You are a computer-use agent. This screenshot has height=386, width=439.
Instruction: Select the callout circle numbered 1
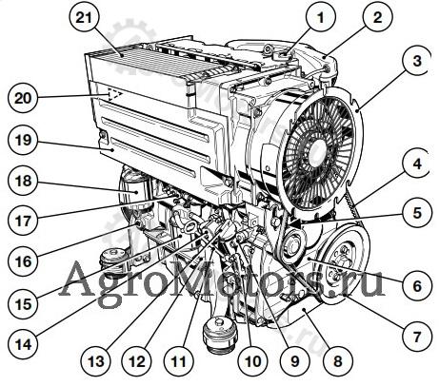click(321, 17)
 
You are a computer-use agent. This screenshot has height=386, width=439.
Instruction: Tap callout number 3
click(417, 60)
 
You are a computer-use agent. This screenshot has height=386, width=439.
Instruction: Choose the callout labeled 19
click(24, 139)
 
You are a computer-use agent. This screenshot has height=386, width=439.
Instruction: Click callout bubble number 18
click(24, 181)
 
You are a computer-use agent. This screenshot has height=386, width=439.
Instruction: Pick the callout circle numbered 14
click(24, 344)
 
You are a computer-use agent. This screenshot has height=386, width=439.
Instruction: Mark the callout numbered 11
click(179, 361)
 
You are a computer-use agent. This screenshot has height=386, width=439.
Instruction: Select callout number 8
click(337, 361)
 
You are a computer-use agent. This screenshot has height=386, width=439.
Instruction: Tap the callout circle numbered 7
click(417, 337)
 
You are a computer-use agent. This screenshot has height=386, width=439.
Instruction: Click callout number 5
click(417, 213)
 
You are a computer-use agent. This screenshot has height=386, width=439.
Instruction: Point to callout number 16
click(24, 261)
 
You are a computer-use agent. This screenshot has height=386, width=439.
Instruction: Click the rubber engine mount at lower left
click(112, 262)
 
